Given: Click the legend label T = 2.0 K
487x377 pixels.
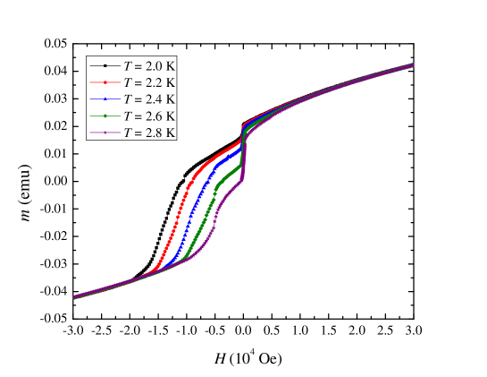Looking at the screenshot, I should point(149,66).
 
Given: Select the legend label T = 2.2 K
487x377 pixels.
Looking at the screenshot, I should point(149,82).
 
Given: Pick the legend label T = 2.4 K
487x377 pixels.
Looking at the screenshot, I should point(149,99).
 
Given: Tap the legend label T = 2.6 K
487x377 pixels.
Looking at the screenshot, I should point(149,116).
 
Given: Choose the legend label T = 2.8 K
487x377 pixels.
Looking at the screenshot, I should point(149,132).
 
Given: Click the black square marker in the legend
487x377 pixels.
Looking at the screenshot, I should point(105,66).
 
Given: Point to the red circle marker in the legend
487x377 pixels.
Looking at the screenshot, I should point(105,82).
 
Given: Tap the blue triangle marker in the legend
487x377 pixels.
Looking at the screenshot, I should point(105,99).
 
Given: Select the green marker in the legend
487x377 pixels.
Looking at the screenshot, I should point(105,116).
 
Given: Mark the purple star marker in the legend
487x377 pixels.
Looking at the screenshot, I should point(105,132).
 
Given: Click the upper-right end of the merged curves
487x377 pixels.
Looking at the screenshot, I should point(413,64).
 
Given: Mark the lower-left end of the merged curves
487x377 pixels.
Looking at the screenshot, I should point(74,297).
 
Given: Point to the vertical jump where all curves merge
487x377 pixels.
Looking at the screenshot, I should point(242,148).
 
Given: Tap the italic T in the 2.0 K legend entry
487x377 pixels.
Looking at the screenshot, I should point(127,66).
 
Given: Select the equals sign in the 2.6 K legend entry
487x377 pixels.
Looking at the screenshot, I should point(138,116).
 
